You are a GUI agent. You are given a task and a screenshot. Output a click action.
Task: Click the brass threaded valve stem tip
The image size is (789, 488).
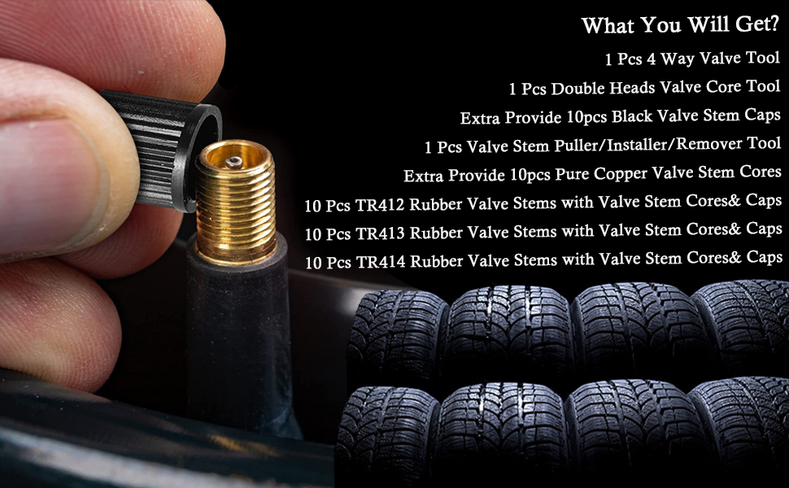click(236, 199)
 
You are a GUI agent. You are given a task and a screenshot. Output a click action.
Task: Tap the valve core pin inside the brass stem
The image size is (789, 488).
click(233, 162)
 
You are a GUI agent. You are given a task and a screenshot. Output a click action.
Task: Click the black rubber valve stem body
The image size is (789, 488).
click(236, 325)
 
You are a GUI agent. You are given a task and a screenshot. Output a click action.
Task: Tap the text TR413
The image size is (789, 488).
click(380, 233)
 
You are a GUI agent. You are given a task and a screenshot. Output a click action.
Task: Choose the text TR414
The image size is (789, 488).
click(380, 262)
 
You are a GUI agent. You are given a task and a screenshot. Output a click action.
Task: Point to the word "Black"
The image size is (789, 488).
click(632, 116)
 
